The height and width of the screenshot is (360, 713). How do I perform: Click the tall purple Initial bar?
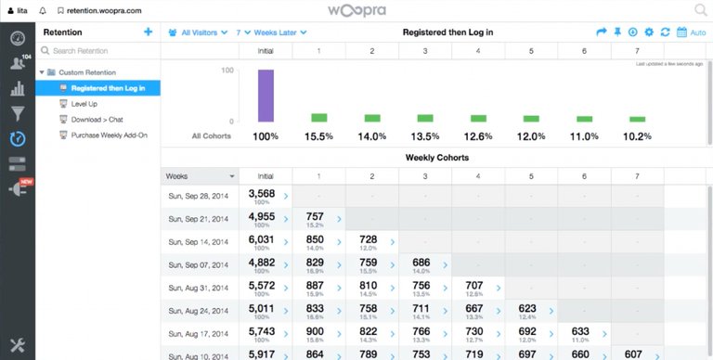(266, 96)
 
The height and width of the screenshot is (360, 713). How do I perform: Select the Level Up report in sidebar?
(84, 104)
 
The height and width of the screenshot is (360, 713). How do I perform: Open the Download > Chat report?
(97, 120)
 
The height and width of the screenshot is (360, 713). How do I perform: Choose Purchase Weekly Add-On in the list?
(109, 135)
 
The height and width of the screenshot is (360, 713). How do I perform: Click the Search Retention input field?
(97, 50)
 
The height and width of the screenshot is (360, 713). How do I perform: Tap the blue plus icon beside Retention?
(148, 32)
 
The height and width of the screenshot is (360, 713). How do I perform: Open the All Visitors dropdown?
(198, 32)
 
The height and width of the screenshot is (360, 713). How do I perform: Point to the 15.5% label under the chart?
(318, 136)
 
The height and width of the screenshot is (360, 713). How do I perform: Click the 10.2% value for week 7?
(637, 136)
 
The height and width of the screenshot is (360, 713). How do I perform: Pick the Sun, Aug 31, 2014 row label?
(199, 288)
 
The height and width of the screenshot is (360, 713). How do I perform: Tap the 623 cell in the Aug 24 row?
(527, 309)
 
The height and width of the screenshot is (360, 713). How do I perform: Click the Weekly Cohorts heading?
(436, 157)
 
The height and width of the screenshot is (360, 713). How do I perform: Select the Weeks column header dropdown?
(200, 175)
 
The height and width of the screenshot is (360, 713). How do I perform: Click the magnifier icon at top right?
(700, 10)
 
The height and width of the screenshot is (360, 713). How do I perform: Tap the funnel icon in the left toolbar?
(17, 114)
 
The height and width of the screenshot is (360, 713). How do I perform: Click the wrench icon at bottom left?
(17, 344)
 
